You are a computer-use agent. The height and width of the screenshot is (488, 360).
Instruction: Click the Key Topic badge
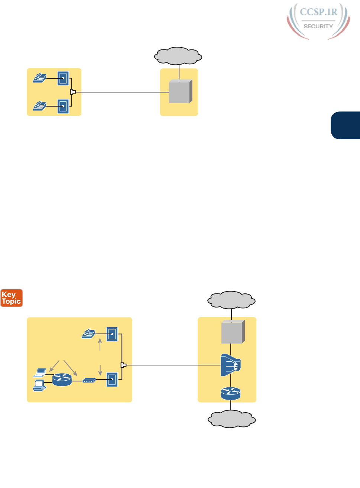(x=12, y=298)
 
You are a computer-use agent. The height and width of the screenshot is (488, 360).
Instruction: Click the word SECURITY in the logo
(x=318, y=26)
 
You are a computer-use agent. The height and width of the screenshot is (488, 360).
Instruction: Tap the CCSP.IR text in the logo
(x=318, y=12)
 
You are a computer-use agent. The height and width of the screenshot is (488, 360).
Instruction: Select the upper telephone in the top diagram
(x=39, y=78)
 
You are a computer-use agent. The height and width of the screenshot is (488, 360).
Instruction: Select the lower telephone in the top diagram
(x=39, y=106)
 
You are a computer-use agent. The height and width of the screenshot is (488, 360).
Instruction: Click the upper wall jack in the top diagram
(x=63, y=78)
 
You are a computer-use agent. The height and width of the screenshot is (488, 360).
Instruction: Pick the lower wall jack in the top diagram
(x=63, y=106)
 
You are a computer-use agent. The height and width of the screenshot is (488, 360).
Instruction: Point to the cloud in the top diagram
(x=178, y=56)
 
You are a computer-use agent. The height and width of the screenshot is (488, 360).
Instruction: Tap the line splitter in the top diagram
(x=73, y=92)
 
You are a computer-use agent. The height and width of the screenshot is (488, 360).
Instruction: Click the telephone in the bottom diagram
(x=88, y=334)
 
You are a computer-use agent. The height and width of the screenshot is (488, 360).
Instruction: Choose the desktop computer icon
(x=39, y=385)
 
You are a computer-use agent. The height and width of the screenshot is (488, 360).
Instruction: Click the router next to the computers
(x=62, y=380)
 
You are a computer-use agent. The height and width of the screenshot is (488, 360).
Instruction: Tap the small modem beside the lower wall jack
(x=89, y=380)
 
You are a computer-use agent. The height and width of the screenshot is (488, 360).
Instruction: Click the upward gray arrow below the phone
(x=100, y=344)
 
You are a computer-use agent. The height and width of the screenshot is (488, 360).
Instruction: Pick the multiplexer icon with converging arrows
(x=231, y=365)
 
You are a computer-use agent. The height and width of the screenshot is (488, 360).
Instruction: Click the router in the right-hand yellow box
(x=231, y=393)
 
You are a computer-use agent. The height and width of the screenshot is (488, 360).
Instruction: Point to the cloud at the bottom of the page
(x=231, y=420)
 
